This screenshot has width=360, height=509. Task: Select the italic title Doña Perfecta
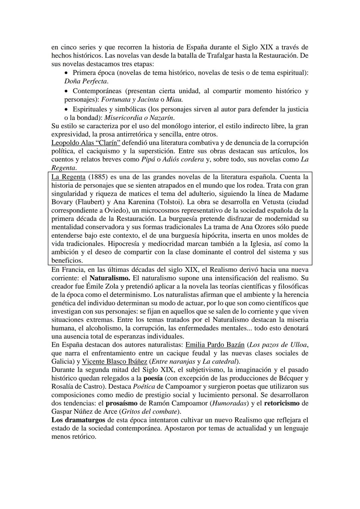tap(86, 81)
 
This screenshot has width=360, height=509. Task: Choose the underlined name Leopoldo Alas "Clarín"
tap(86, 143)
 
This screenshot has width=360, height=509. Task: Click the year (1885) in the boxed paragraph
tap(99, 177)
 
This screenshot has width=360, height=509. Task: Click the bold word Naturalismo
tap(110, 278)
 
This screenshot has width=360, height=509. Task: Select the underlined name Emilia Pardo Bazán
tap(215, 345)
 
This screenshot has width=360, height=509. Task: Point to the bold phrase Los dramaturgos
tap(78, 420)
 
